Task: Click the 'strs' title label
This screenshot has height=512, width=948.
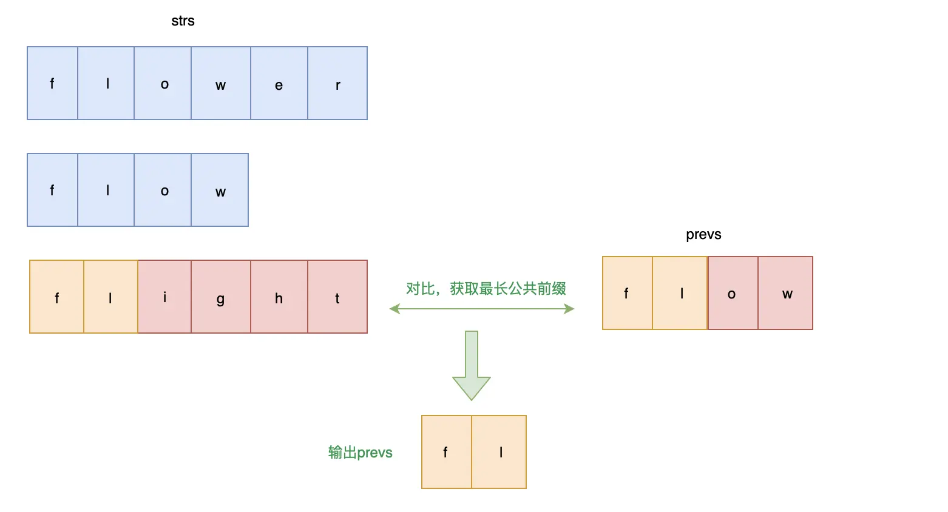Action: (x=183, y=21)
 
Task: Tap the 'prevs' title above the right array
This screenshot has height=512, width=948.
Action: (x=703, y=234)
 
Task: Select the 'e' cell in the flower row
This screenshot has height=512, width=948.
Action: (x=279, y=83)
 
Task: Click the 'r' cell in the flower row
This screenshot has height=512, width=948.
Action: (x=337, y=83)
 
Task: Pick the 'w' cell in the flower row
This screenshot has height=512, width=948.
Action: (x=220, y=83)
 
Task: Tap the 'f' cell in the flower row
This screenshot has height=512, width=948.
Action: (x=52, y=83)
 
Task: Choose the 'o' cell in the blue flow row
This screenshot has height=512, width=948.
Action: (x=163, y=190)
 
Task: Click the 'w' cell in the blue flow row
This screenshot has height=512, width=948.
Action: (x=220, y=190)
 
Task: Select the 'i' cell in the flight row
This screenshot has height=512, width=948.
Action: (x=164, y=297)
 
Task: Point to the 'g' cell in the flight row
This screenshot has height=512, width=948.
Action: (x=220, y=297)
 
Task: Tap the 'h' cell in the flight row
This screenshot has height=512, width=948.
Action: (x=279, y=297)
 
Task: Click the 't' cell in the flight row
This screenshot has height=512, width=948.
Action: (x=337, y=297)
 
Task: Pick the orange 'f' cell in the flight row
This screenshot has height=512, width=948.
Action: (x=56, y=297)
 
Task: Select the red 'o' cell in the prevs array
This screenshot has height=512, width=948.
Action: (x=733, y=293)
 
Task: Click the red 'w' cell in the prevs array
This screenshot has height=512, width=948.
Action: (x=785, y=293)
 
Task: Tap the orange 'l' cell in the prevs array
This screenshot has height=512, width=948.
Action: (x=680, y=293)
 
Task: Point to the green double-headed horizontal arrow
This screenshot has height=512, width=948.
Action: (x=482, y=309)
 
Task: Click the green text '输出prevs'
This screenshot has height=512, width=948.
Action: (x=360, y=453)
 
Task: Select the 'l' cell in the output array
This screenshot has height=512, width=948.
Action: (x=499, y=452)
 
